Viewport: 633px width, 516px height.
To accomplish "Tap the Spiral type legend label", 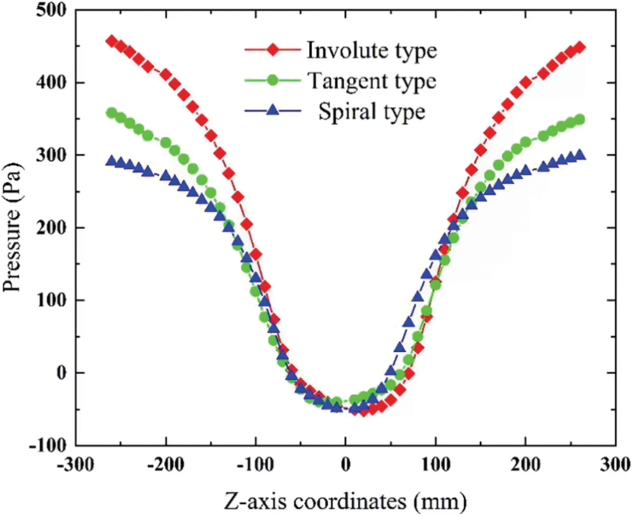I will click(371, 111).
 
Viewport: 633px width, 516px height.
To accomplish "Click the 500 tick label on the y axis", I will click(53, 11).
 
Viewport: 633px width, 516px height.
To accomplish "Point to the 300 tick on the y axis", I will click(53, 155).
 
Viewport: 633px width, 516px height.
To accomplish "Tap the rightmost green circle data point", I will click(579, 119).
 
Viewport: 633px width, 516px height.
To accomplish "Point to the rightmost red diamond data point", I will click(579, 47).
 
